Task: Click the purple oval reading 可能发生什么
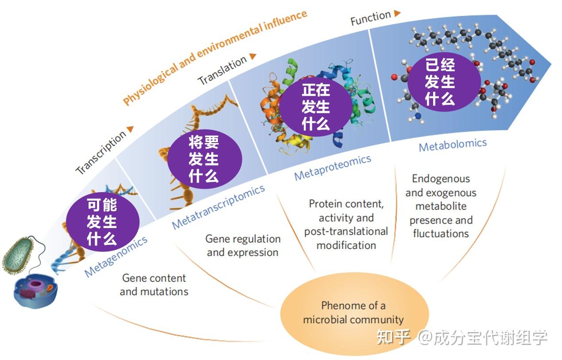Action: coord(102,221)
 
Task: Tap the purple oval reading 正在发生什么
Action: coord(316,107)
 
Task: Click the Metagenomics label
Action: coord(116,257)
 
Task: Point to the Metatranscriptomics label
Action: coord(218,207)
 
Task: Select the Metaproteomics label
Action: coord(333,167)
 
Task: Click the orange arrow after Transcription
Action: coord(130,129)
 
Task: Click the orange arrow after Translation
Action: coord(253,56)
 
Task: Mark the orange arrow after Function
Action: coord(397,13)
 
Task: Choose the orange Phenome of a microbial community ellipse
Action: coord(354,312)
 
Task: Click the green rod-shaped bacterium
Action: coord(18,254)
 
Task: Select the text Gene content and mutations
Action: coord(154,285)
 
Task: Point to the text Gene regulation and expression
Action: coord(243,245)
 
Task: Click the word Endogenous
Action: coord(441,179)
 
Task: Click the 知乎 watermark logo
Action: coord(393,337)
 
